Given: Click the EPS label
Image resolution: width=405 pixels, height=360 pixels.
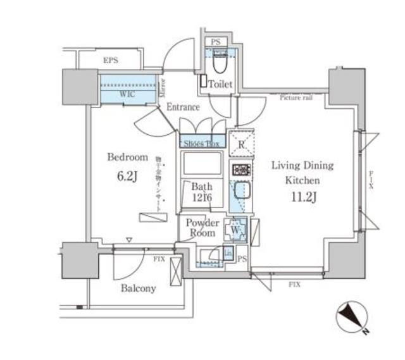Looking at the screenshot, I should [111, 61].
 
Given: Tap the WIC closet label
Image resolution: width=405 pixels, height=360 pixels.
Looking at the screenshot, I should [128, 94].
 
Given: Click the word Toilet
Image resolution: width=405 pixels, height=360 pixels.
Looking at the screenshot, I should [221, 84].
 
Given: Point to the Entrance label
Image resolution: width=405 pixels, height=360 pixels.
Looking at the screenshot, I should [183, 108].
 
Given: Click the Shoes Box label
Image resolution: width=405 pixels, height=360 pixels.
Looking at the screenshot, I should [202, 143].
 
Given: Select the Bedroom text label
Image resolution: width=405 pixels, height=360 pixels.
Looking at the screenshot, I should [127, 157].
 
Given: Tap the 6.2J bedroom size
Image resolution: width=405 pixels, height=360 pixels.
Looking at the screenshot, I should [127, 177].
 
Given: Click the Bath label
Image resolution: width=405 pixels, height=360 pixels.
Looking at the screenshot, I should [202, 188].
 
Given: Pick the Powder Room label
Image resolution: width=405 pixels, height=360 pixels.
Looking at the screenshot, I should [202, 228].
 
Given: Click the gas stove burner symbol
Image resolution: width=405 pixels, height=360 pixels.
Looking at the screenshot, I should [241, 170].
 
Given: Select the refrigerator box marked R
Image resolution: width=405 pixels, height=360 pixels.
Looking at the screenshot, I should [240, 144].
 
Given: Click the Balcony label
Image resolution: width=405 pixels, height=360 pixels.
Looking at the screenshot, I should [138, 289].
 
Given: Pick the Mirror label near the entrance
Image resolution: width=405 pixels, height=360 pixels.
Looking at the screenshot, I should [162, 85].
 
